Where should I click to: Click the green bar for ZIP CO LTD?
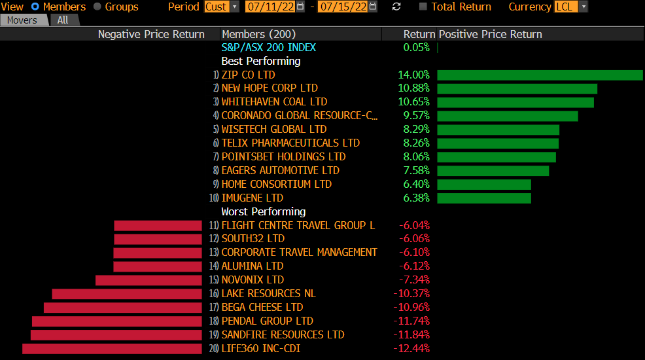[540, 75]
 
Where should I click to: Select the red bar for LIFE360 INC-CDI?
[112, 348]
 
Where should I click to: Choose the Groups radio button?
[97, 7]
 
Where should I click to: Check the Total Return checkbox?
[423, 7]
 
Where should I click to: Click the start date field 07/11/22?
[271, 7]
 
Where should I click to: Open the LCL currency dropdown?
[570, 7]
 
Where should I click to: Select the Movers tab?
[22, 20]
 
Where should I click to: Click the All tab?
[63, 20]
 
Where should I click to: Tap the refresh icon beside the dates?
[396, 7]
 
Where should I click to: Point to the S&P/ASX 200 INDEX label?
[268, 47]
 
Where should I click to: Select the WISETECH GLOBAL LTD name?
[273, 130]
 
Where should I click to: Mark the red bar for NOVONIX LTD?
[148, 280]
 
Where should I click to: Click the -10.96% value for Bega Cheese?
[411, 307]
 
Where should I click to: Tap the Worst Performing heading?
[263, 211]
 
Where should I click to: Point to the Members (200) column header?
[258, 34]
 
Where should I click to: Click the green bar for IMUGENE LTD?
[484, 198]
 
